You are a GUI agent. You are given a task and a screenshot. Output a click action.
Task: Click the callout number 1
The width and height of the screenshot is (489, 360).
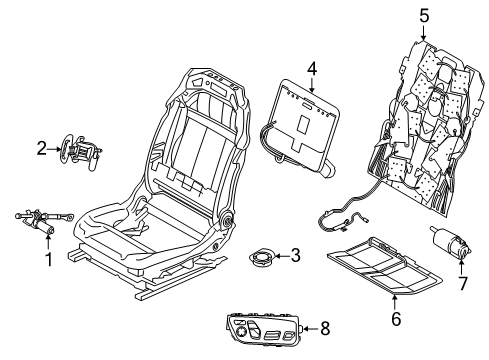pyautogui.click(x=47, y=263)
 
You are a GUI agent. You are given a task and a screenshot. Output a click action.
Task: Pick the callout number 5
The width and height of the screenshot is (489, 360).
pyautogui.click(x=423, y=17)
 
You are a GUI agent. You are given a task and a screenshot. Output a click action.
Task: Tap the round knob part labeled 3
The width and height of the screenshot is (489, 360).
pyautogui.click(x=263, y=256)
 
